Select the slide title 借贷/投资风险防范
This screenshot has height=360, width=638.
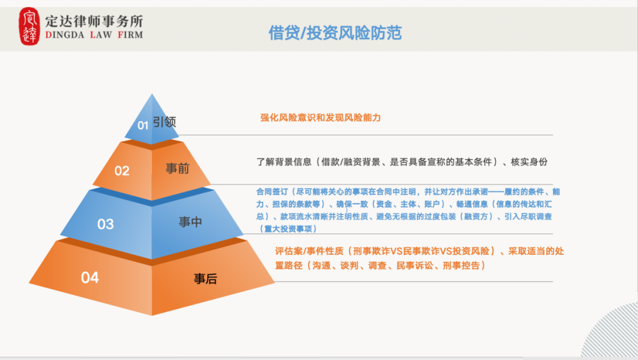335,33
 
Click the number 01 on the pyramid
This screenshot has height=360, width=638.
143,125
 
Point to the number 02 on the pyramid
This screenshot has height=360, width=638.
122,171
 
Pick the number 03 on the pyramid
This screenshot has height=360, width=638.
105,225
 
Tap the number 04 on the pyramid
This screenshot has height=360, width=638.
90,277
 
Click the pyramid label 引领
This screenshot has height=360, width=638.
165,122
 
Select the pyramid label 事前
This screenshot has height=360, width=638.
177,168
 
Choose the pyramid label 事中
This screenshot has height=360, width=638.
190,222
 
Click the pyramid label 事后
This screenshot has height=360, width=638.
206,279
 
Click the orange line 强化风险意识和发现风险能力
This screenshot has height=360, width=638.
321,118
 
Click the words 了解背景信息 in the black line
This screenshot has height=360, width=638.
284,161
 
